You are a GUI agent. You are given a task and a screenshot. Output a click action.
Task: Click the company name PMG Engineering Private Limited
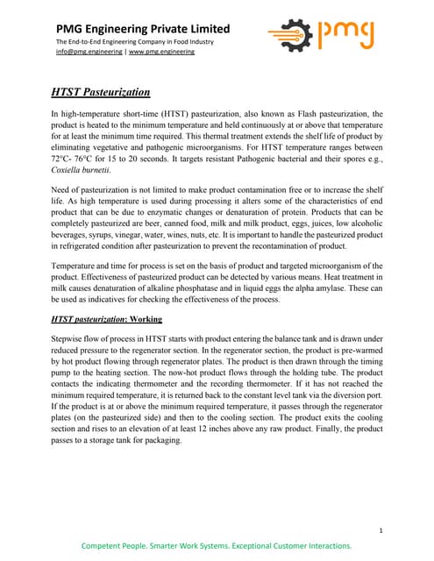pyautogui.click(x=143, y=29)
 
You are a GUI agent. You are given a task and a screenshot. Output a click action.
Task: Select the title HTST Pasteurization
pyautogui.click(x=100, y=92)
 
